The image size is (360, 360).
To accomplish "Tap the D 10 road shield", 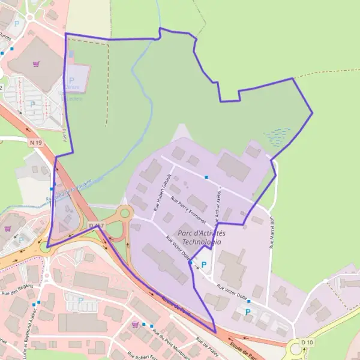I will click(x=307, y=342).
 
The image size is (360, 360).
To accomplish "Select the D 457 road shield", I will click(x=96, y=226).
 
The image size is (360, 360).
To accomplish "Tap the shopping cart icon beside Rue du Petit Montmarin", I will click(x=136, y=324).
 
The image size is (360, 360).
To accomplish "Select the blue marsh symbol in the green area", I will click(x=277, y=136).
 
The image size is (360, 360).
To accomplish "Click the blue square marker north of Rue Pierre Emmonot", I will click(x=206, y=177).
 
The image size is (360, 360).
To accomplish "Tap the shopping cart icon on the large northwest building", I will click(x=37, y=62).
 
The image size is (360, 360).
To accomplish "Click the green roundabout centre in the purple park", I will click(x=125, y=212).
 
